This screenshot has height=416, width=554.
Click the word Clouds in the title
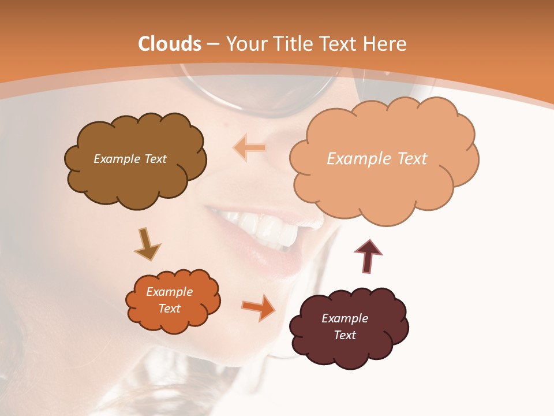[x=170, y=44]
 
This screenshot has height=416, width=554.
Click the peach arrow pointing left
[x=249, y=147]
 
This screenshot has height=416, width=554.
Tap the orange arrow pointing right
[x=259, y=307]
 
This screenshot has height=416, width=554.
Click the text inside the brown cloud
[x=130, y=159]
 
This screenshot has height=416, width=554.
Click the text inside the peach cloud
[x=377, y=159]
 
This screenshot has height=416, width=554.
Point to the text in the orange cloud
[x=170, y=300]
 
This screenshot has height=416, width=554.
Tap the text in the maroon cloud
[x=345, y=326]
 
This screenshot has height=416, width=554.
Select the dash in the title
[x=212, y=44]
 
